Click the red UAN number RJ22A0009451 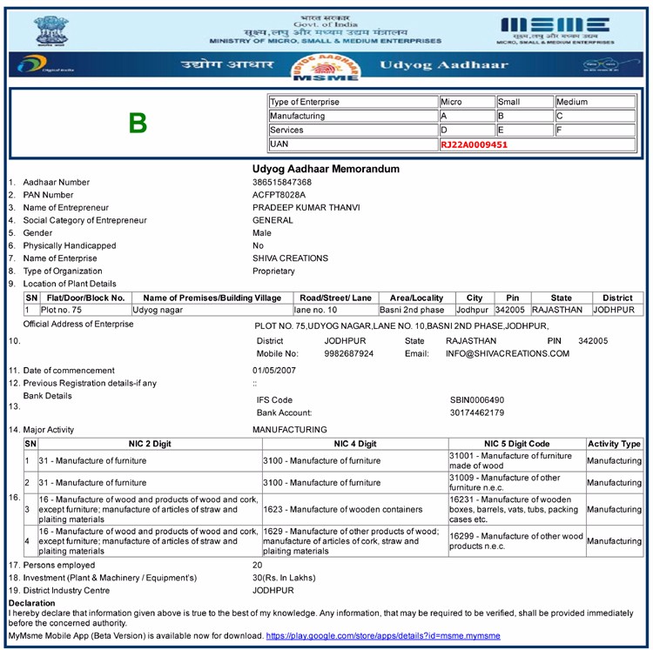[474, 144]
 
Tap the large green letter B [138, 124]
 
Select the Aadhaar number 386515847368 [282, 182]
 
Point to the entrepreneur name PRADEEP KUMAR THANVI [306, 207]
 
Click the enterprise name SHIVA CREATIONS [290, 258]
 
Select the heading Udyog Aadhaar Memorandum [326, 168]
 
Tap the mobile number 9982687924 [348, 354]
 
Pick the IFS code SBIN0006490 [476, 400]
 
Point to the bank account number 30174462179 [476, 412]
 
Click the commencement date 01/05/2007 [274, 371]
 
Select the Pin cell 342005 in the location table [511, 310]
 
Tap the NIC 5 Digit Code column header [516, 444]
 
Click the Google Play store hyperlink [382, 637]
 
